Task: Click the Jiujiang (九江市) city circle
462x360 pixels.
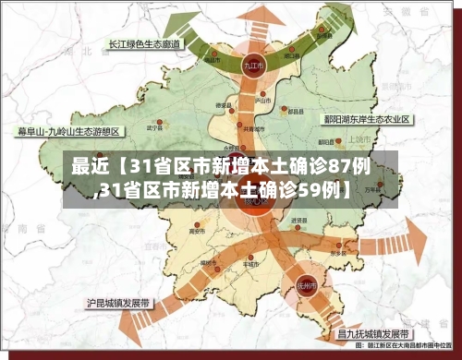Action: [249, 66]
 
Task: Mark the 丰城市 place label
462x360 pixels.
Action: [248, 262]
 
